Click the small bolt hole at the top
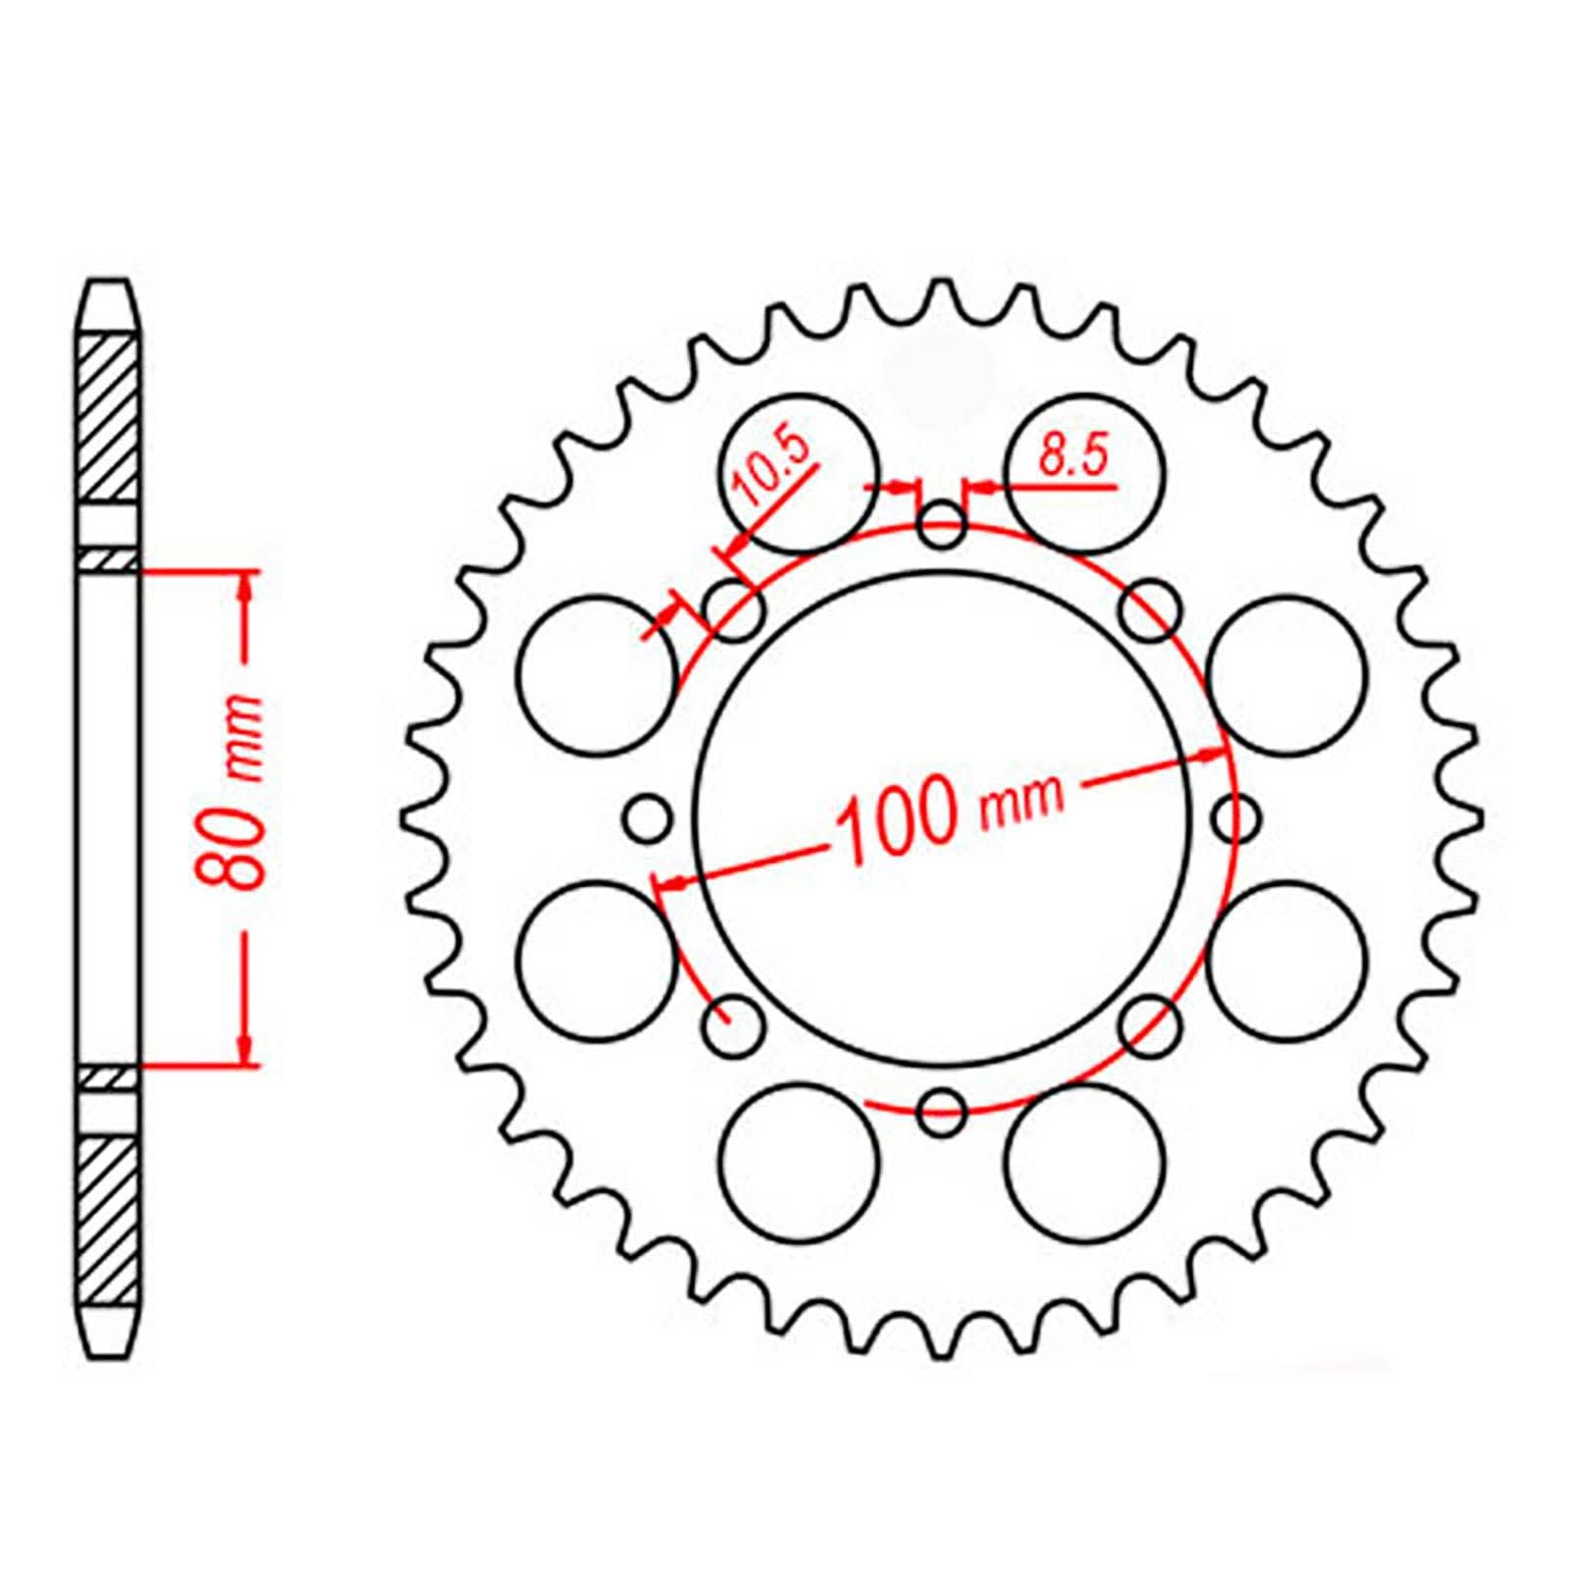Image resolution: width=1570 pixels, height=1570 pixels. tap(942, 525)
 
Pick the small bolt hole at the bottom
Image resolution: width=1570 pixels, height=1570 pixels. tap(942, 1109)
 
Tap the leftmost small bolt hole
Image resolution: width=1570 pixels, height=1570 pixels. tap(649, 817)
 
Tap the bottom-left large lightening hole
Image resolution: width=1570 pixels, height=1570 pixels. tap(797, 1160)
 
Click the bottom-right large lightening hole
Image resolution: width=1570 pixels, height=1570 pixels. tap(1085, 1160)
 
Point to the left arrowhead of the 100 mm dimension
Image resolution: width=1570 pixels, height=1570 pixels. tap(667, 883)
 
